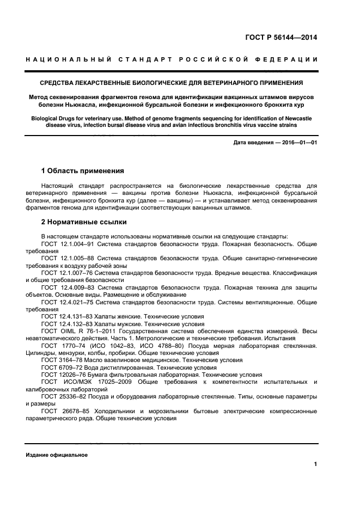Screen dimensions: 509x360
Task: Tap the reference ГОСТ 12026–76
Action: click(x=62, y=375)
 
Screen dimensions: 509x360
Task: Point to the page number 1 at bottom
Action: click(x=315, y=464)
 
